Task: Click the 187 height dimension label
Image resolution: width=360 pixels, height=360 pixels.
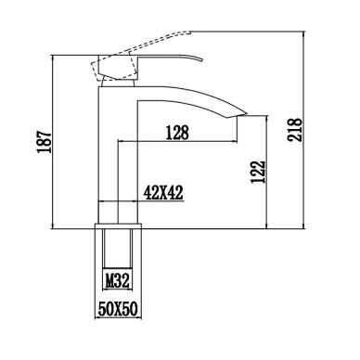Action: tap(45, 142)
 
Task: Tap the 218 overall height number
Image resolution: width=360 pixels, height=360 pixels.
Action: tap(294, 129)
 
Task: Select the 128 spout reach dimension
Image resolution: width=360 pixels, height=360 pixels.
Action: tap(177, 133)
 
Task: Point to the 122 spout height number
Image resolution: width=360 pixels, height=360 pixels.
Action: tap(258, 172)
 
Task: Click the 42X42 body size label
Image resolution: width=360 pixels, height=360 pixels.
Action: tap(163, 193)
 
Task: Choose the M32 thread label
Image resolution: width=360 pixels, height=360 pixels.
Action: tap(117, 281)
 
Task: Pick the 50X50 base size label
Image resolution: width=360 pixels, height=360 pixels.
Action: tap(118, 309)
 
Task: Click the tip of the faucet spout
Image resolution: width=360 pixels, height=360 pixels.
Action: tap(246, 112)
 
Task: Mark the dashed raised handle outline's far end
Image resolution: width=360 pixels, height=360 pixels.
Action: tap(187, 32)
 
